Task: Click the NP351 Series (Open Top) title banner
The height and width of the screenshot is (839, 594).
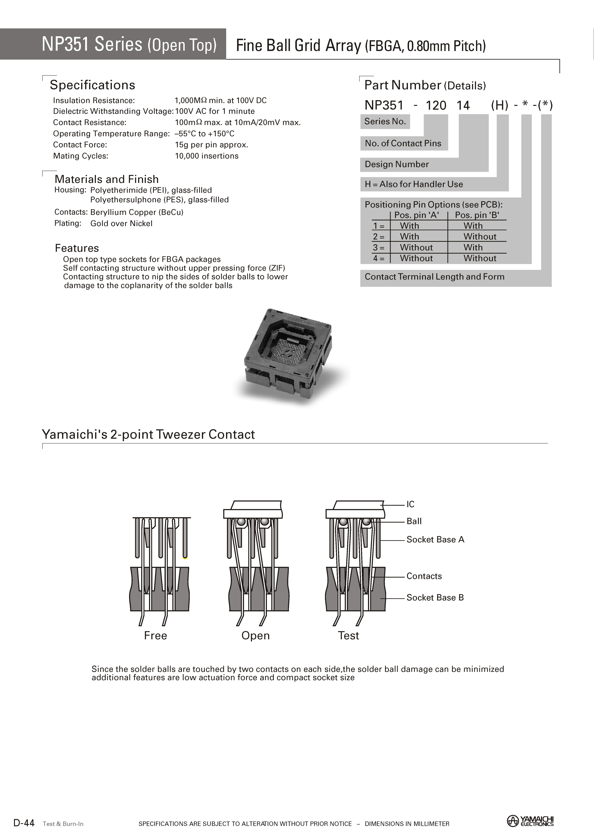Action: click(x=129, y=44)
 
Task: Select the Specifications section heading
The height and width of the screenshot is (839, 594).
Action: click(x=92, y=85)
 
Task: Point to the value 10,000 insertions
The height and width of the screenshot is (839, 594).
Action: click(x=207, y=156)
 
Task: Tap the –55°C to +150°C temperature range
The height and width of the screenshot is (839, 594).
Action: click(x=205, y=134)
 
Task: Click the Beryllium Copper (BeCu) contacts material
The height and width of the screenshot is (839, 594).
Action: click(x=137, y=212)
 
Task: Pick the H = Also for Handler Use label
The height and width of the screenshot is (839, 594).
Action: click(x=414, y=184)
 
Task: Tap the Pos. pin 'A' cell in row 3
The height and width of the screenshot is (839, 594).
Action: click(x=416, y=247)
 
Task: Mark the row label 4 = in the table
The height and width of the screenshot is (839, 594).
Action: click(x=379, y=259)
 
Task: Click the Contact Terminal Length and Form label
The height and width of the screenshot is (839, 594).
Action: click(x=435, y=277)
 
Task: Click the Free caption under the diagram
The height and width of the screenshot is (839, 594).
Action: click(x=155, y=636)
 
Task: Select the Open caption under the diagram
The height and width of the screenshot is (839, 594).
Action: click(x=255, y=636)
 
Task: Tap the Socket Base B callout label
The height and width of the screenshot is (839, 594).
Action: click(x=435, y=598)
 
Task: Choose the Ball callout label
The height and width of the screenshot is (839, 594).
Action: click(x=414, y=521)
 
